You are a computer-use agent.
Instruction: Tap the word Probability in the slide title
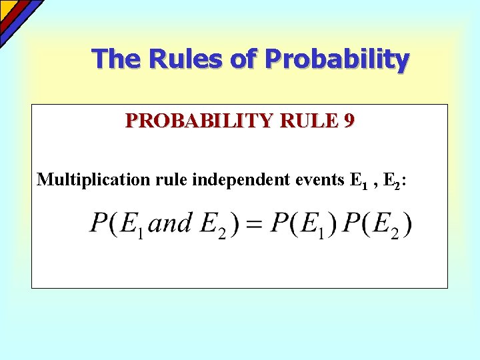click(x=337, y=60)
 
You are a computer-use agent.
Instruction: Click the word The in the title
click(x=117, y=59)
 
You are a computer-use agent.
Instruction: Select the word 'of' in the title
click(x=244, y=59)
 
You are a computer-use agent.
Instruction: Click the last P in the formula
click(x=352, y=223)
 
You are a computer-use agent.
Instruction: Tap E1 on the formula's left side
click(x=131, y=225)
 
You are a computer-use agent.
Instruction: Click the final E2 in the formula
click(x=388, y=225)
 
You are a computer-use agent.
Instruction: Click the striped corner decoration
click(x=17, y=15)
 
